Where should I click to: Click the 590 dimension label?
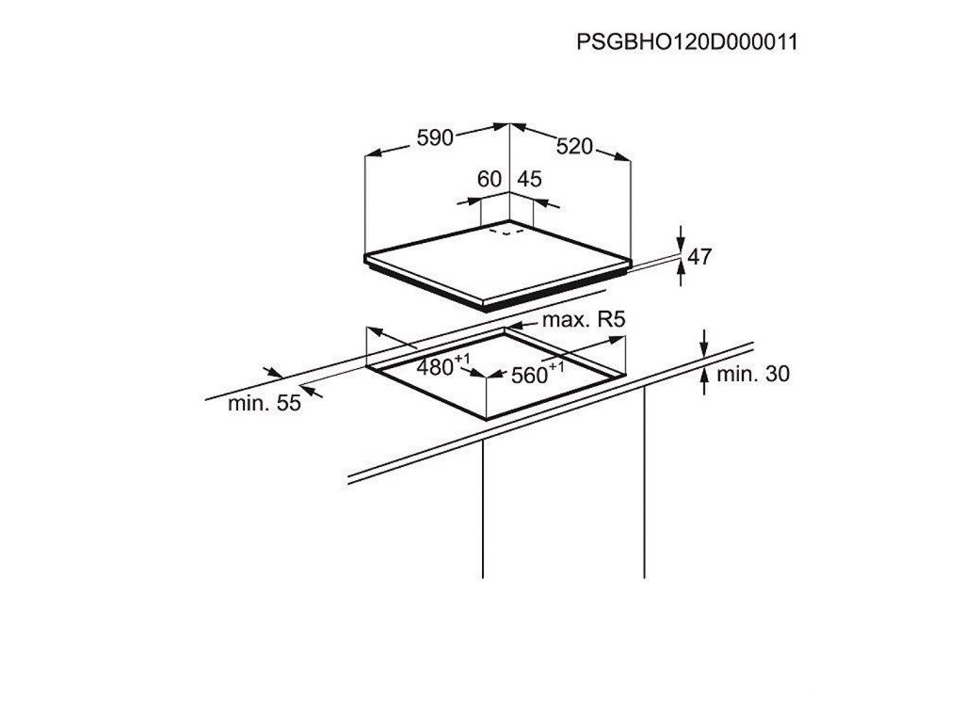pyautogui.click(x=436, y=137)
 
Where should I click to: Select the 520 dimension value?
pyautogui.click(x=574, y=146)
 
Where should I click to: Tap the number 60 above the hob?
pyautogui.click(x=490, y=179)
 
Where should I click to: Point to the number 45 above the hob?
pyautogui.click(x=530, y=179)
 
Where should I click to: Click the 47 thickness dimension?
pyautogui.click(x=699, y=256)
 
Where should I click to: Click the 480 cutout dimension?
pyautogui.click(x=436, y=367)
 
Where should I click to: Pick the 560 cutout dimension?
pyautogui.click(x=530, y=376)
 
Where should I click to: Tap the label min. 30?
pyautogui.click(x=753, y=374)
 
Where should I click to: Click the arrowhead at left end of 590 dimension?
pyautogui.click(x=371, y=151)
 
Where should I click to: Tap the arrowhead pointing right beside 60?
pyautogui.click(x=474, y=201)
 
